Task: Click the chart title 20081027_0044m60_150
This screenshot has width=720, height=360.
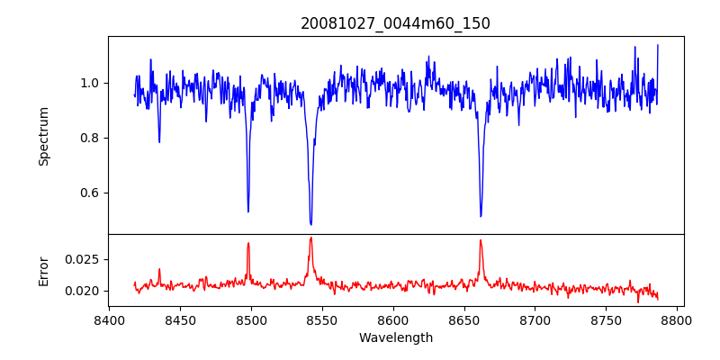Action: click(395, 23)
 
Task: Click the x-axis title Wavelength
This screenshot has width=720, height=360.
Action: click(395, 338)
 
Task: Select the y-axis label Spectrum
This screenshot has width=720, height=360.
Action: click(44, 136)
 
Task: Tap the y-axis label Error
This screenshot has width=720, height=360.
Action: click(44, 270)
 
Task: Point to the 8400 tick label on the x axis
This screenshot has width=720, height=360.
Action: click(109, 319)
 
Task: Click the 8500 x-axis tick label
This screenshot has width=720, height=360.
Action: click(251, 319)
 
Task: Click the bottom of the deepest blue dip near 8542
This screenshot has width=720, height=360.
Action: click(310, 224)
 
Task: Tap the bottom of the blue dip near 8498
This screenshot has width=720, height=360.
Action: click(248, 211)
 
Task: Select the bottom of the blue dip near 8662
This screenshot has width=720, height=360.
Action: click(481, 216)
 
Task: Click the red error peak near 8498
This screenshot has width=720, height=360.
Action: click(248, 243)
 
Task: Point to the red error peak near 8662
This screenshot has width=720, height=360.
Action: click(481, 239)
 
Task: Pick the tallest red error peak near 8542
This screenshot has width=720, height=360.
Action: click(310, 238)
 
